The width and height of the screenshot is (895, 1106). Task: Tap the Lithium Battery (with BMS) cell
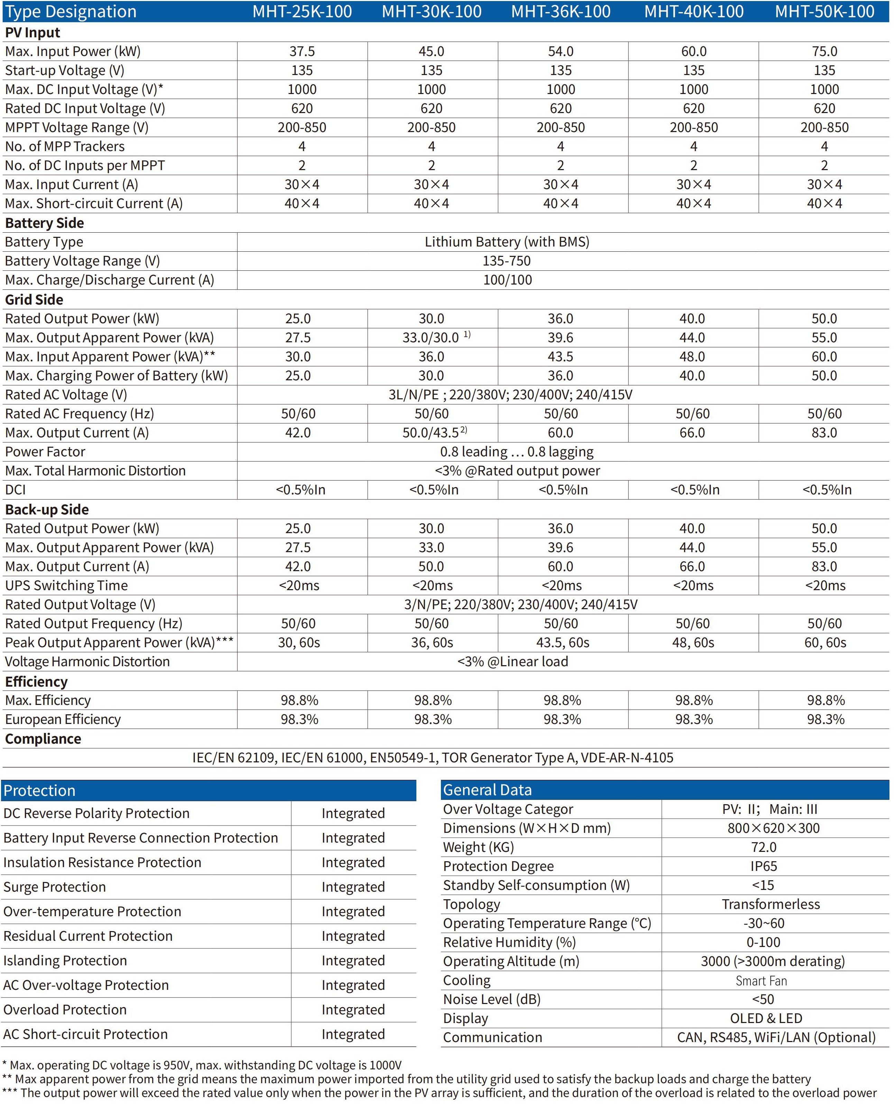(506, 242)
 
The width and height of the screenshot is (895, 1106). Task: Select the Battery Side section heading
(44, 223)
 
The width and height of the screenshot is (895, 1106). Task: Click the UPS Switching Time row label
(66, 585)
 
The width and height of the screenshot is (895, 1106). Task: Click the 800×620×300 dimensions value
(773, 828)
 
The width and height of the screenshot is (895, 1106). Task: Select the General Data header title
(487, 790)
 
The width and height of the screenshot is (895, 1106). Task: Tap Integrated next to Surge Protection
(353, 887)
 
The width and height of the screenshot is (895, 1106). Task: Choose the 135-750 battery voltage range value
(506, 261)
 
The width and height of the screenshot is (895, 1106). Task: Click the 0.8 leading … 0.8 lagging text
(517, 452)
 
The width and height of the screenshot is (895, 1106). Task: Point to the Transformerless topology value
(770, 904)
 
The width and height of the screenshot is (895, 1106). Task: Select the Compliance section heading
(43, 739)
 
